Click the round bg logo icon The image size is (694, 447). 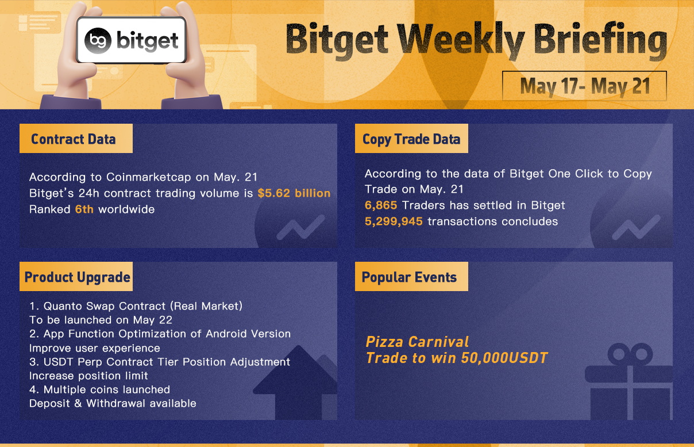pos(98,41)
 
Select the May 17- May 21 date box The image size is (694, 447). pos(584,86)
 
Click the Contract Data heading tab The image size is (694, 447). pos(76,138)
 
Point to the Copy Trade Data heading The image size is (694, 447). pos(411,139)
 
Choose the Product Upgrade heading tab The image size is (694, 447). pos(76,276)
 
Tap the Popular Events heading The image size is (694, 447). pos(411,276)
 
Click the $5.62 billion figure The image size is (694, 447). pos(294,193)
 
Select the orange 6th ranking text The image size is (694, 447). pos(84,209)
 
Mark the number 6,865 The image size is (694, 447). pos(381,205)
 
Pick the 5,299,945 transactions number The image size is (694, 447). pos(394,221)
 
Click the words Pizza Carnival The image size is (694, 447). pos(417,342)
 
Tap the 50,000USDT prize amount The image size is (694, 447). pos(504,358)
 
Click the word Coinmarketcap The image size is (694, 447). pos(149,177)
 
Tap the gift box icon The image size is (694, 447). pos(630,381)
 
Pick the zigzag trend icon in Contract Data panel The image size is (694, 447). pos(300,227)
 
